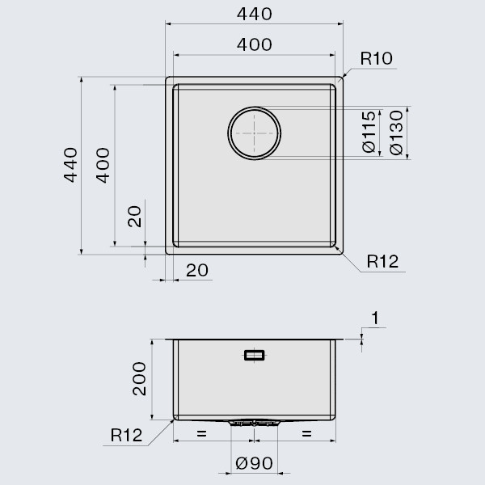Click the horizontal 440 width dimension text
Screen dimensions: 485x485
point(255,14)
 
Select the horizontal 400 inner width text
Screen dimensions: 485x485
point(255,44)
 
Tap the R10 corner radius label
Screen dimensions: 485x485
point(377,58)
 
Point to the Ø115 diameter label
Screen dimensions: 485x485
point(369,131)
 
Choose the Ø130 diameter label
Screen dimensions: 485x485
point(395,131)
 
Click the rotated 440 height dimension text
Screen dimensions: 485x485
point(70,165)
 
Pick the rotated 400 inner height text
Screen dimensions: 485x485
point(103,165)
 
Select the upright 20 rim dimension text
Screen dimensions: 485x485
point(197,270)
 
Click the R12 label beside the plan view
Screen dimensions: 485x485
point(382,261)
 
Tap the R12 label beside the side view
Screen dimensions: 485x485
point(126,436)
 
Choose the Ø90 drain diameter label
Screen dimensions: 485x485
point(254,466)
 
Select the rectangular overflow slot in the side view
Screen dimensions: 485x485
point(255,354)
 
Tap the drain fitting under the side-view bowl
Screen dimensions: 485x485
point(254,422)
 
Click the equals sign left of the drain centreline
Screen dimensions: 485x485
point(201,436)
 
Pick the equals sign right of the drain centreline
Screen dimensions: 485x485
point(307,436)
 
